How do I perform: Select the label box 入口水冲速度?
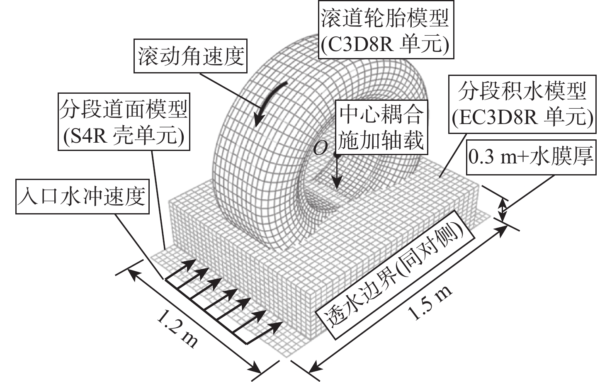tap(83, 197)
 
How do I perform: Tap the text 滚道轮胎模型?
tap(385, 18)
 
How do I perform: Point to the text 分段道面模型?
tap(123, 109)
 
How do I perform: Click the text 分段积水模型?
tap(522, 91)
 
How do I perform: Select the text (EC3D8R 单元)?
tap(522, 117)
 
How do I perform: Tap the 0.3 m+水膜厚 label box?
tap(531, 157)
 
